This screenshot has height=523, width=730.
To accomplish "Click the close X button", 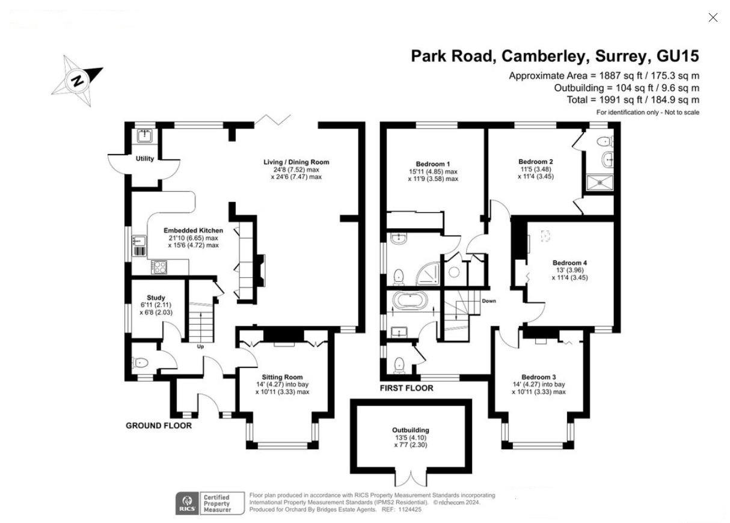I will (713, 18).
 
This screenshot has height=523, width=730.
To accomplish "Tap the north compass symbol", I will (78, 80).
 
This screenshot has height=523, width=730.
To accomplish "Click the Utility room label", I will (144, 159).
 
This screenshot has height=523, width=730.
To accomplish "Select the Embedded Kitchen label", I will (193, 231).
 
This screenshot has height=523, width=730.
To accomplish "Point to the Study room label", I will (156, 298).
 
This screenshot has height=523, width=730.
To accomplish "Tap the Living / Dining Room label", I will (296, 162).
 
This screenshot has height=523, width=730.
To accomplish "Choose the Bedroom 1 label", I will (432, 164).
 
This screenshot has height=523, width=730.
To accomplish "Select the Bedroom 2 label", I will (535, 162).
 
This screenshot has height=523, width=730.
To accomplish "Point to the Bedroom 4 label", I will (569, 263).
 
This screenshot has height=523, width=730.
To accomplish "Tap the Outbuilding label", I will (411, 430).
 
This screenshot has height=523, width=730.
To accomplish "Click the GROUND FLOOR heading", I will (159, 426).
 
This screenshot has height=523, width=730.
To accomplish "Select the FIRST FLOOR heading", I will (406, 388).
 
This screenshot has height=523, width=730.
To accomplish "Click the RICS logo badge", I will (187, 503).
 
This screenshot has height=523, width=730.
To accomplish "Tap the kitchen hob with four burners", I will (158, 267).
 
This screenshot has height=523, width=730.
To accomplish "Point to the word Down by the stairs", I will (488, 301).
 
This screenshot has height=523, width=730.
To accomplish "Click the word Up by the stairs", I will (200, 346).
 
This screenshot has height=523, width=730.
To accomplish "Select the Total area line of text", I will (633, 100).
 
